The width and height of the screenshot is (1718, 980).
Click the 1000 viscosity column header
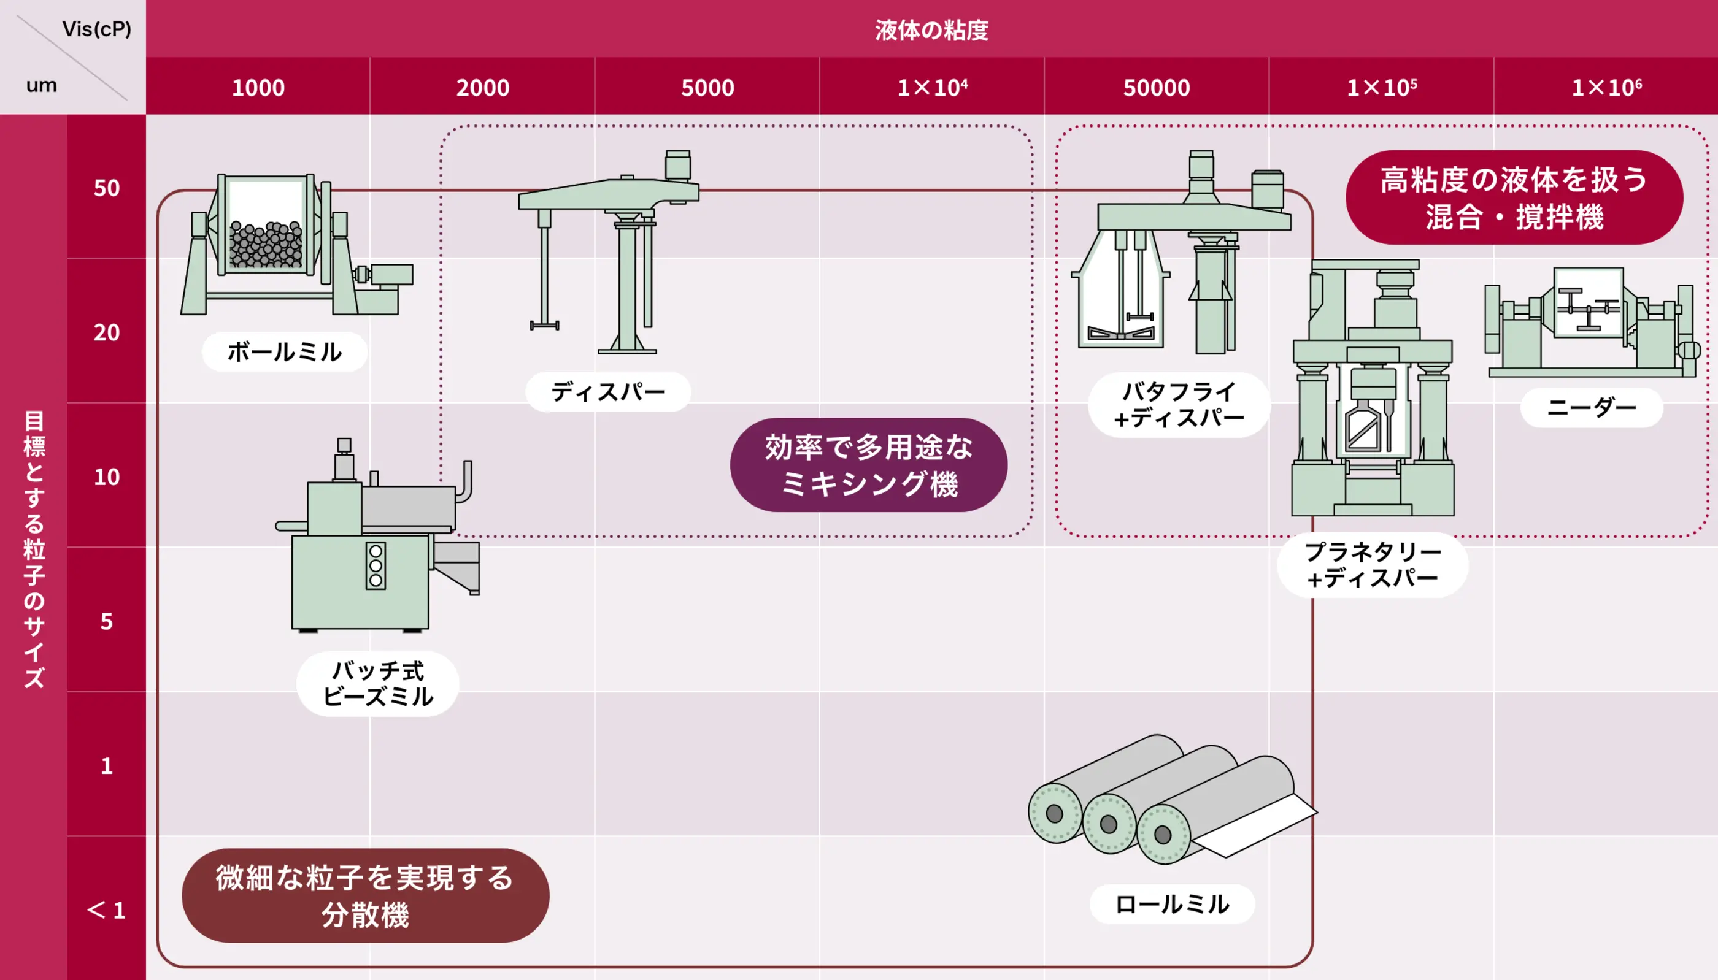(258, 88)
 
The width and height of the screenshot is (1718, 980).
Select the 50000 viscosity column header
(1156, 88)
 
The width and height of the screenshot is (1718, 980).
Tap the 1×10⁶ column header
(1606, 88)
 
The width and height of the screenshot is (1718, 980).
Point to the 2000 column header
(483, 88)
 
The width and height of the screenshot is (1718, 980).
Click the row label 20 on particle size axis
(106, 332)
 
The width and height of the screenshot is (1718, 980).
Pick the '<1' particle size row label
(106, 910)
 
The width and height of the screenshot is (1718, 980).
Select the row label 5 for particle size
(106, 621)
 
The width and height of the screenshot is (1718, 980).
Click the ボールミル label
(284, 351)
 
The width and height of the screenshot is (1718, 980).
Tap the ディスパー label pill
(608, 392)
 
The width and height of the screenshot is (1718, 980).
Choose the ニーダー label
(1592, 407)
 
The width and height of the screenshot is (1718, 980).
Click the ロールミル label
(1172, 904)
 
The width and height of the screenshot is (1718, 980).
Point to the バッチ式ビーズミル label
(378, 683)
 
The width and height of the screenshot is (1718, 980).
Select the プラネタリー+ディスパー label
(1372, 565)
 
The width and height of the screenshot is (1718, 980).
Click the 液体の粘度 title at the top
(931, 29)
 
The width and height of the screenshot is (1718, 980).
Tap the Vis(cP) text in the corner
(96, 29)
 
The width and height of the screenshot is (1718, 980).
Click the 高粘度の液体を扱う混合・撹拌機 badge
(1514, 197)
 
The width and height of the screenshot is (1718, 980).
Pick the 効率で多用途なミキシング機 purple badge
(868, 465)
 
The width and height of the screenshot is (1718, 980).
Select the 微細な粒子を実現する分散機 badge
(365, 895)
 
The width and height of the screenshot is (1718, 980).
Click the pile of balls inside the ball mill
(266, 245)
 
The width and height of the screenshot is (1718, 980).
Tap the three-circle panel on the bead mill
(376, 565)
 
